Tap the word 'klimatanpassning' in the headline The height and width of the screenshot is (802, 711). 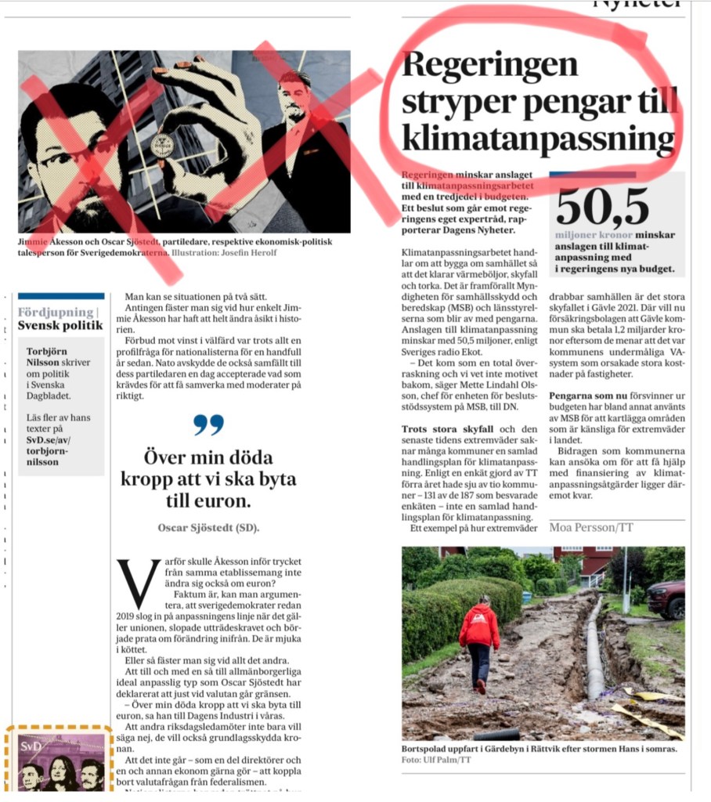[537, 140]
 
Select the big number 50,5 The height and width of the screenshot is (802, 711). [603, 207]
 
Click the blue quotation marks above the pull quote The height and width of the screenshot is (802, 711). [208, 424]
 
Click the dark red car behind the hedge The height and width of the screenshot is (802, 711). [666, 598]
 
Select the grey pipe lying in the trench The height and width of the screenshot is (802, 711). [595, 650]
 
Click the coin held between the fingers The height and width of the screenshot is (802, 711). [163, 146]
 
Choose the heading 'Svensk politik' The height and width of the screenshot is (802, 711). [60, 325]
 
